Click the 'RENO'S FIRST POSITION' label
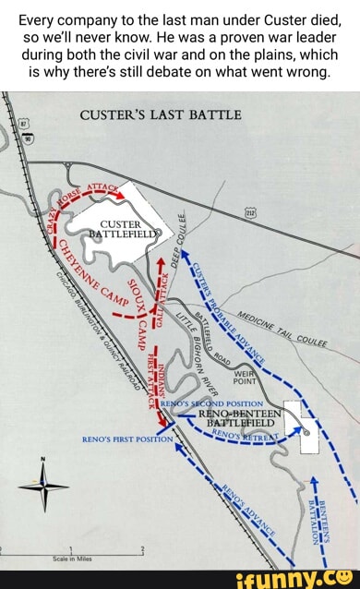pyautogui.click(x=116, y=439)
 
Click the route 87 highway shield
pyautogui.click(x=23, y=122)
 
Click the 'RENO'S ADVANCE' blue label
pyautogui.click(x=253, y=512)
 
